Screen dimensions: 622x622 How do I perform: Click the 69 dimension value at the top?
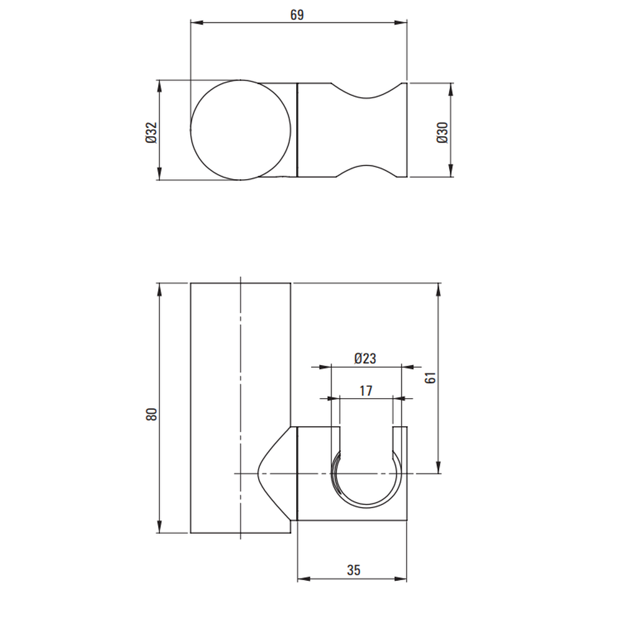pyautogui.click(x=297, y=15)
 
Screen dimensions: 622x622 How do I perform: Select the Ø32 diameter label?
pyautogui.click(x=152, y=132)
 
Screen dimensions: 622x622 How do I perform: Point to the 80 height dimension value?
pyautogui.click(x=152, y=414)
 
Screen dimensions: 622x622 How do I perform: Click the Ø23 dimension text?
pyautogui.click(x=365, y=359)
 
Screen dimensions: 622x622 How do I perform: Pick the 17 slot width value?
pyautogui.click(x=366, y=391)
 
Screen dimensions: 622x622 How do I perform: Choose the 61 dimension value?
pyautogui.click(x=430, y=378)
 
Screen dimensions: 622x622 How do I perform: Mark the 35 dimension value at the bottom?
pyautogui.click(x=353, y=570)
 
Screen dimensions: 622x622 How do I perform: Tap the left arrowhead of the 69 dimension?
pyautogui.click(x=197, y=22)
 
